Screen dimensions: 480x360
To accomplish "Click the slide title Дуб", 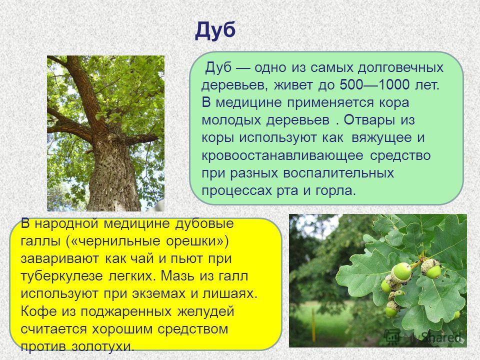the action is coord(215,31).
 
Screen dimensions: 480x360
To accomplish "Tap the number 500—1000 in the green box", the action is coord(374,85).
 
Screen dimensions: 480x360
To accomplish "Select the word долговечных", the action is coord(400,67).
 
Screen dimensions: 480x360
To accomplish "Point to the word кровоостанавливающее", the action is coord(282,156).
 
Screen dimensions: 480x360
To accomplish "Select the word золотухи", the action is coord(103,346).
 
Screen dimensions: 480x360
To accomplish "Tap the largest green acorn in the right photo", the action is coord(402,271).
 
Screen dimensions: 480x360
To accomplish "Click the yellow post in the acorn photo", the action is coord(313,325).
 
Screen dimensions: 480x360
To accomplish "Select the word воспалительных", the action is coord(338,173).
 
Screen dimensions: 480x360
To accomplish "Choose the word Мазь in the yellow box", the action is coord(178,276).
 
